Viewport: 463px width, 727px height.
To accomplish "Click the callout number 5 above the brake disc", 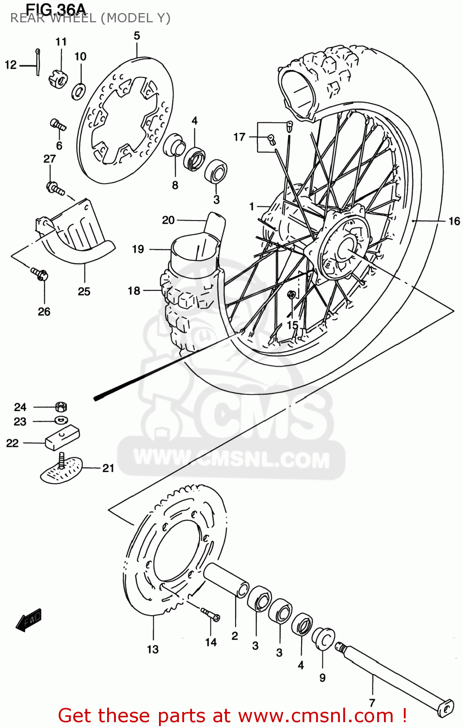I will pyautogui.click(x=137, y=36).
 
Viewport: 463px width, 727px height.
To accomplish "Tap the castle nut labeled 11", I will pyautogui.click(x=58, y=78).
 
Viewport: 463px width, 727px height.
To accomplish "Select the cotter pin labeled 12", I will pyautogui.click(x=38, y=62).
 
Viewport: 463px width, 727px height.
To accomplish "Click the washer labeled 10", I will pyautogui.click(x=79, y=91).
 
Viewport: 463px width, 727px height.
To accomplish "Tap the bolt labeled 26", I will pyautogui.click(x=40, y=274).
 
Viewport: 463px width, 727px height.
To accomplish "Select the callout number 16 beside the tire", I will pyautogui.click(x=454, y=221).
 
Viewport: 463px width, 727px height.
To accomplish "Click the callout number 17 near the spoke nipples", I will pyautogui.click(x=239, y=137).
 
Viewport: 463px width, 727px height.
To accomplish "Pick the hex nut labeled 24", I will pyautogui.click(x=61, y=407).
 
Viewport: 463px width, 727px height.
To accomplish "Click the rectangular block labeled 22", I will pyautogui.click(x=63, y=437).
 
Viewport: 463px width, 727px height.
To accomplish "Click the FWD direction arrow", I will pyautogui.click(x=29, y=620).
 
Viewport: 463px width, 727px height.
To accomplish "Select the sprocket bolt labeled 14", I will pyautogui.click(x=210, y=614).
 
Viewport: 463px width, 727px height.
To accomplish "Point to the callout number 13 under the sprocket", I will pyautogui.click(x=153, y=649).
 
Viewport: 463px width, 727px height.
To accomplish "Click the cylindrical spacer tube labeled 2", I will pyautogui.click(x=226, y=579).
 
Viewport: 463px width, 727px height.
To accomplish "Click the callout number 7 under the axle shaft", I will pyautogui.click(x=372, y=703).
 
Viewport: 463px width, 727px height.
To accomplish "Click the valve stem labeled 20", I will pyautogui.click(x=215, y=225).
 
